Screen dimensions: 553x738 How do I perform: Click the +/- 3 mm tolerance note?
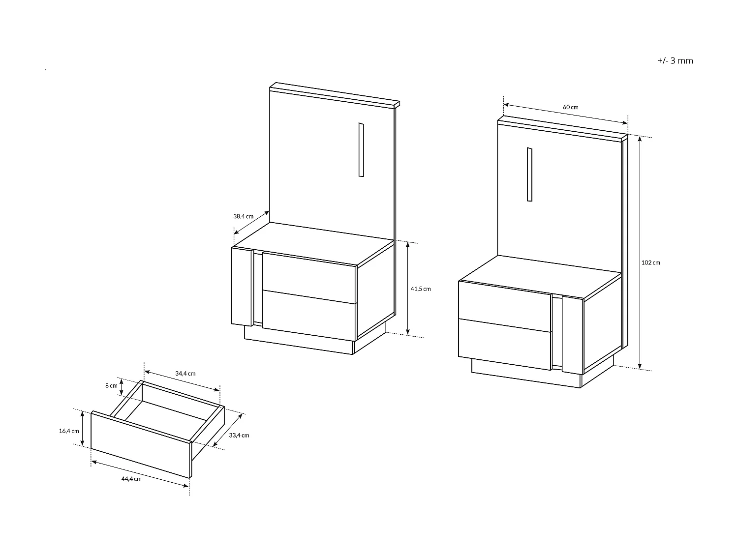(675, 61)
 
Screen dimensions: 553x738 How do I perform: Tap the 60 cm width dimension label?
(570, 107)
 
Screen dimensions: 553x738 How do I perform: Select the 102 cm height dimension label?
(650, 263)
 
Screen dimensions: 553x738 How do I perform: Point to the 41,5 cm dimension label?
(420, 289)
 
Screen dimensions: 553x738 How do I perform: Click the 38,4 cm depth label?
(243, 216)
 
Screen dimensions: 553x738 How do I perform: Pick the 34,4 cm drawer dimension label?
(185, 374)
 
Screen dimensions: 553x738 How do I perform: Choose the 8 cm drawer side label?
(111, 386)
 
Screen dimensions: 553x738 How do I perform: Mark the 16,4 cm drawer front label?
(69, 431)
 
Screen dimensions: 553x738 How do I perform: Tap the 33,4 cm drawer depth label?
(239, 435)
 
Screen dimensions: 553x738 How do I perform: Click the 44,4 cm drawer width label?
(131, 479)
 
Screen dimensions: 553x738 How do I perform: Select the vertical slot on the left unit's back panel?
(361, 149)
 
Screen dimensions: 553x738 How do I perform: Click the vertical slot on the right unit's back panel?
(529, 175)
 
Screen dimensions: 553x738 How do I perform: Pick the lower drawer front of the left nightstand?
(309, 316)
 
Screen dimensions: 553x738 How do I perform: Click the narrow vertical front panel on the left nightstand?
(242, 286)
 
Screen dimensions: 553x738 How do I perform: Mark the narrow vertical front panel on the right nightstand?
(572, 335)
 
